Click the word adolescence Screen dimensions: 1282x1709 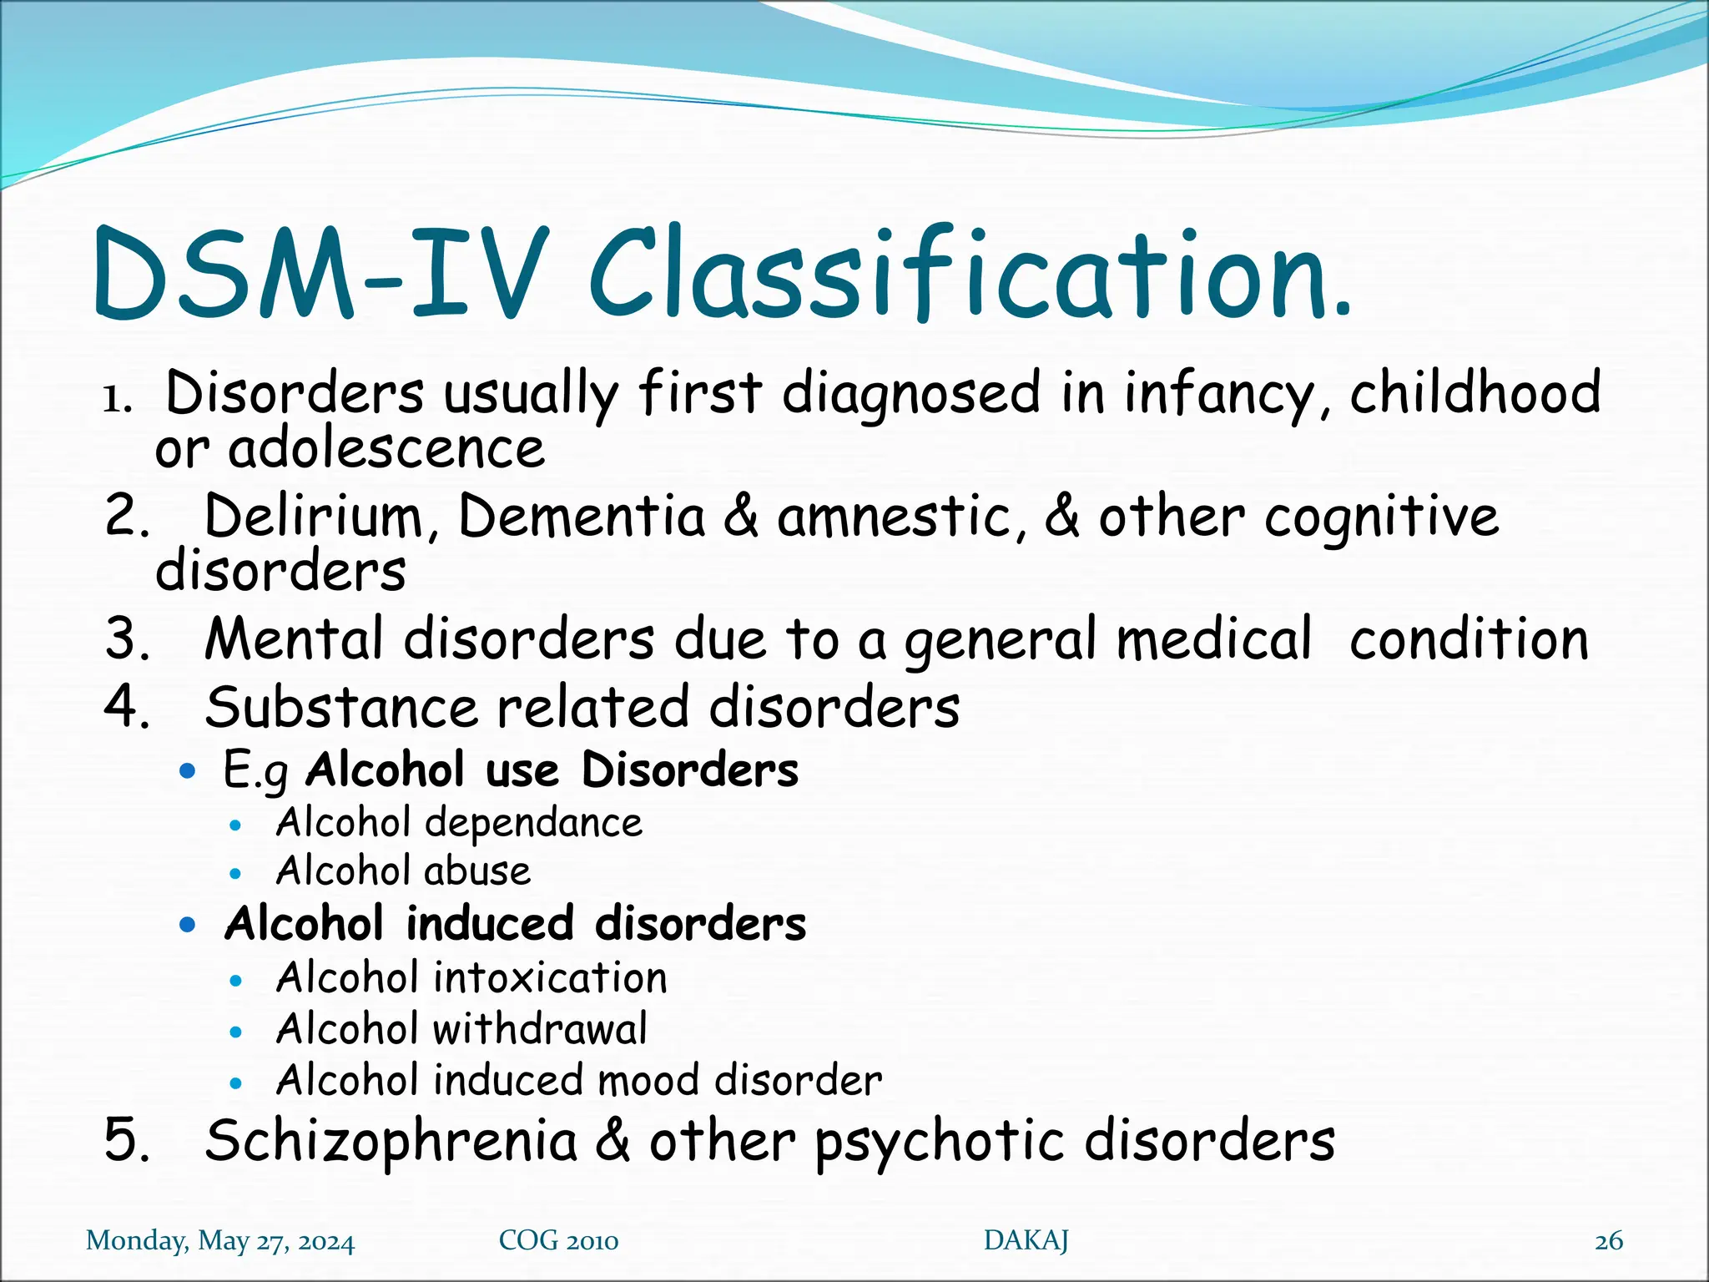(x=386, y=449)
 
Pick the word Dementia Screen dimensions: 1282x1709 (x=582, y=516)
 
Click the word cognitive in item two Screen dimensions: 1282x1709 (x=1381, y=517)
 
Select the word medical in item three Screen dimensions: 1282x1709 (x=1214, y=639)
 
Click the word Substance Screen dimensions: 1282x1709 (x=342, y=708)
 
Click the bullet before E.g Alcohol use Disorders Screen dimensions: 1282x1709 (x=188, y=770)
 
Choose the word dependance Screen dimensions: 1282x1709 (x=534, y=824)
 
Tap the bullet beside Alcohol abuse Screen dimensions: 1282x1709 (x=236, y=874)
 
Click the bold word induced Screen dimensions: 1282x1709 (x=490, y=924)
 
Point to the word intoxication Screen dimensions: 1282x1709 (x=551, y=977)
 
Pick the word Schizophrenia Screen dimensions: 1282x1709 (x=391, y=1141)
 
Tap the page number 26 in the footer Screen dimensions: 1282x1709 (x=1608, y=1241)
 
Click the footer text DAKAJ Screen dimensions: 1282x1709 (x=1026, y=1240)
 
